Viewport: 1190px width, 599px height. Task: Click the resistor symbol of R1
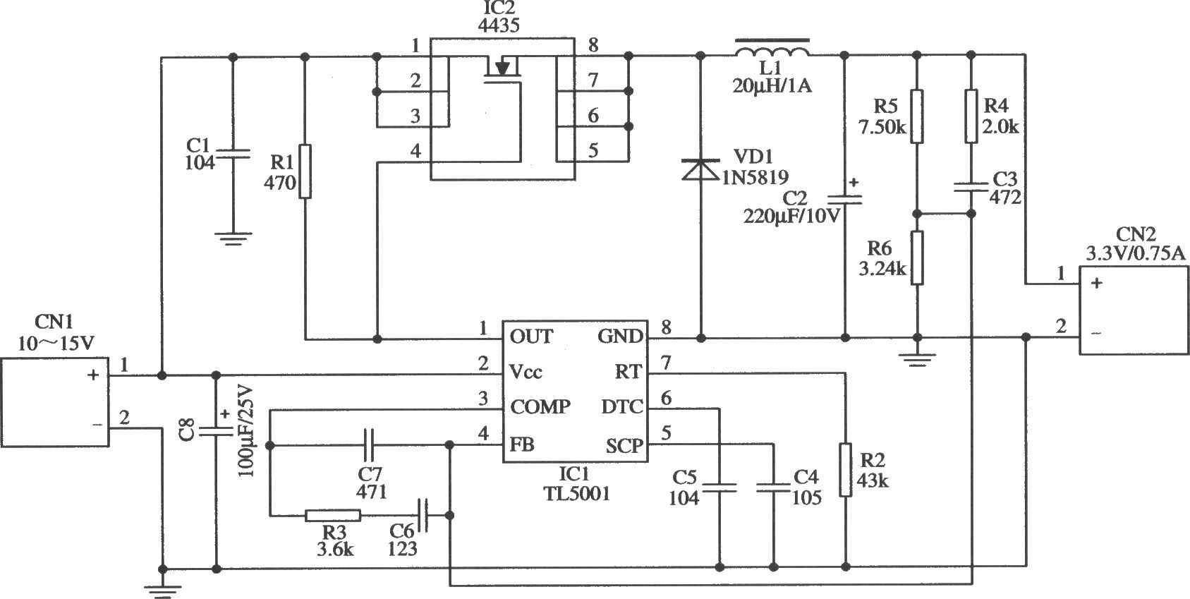(x=305, y=171)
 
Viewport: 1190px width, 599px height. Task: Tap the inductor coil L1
(x=772, y=51)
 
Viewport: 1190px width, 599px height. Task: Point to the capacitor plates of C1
(x=233, y=154)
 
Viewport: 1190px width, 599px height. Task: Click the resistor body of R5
(x=916, y=116)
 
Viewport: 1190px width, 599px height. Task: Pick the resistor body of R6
(x=916, y=258)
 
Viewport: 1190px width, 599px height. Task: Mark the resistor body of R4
(x=971, y=116)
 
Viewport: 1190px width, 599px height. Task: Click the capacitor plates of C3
(x=971, y=187)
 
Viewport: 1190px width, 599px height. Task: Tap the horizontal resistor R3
(x=333, y=515)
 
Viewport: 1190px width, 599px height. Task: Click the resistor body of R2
(x=845, y=470)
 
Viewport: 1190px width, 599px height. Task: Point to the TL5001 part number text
(x=576, y=494)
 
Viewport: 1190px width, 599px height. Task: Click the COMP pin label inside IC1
(x=540, y=407)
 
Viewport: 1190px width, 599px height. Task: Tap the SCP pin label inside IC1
(x=624, y=446)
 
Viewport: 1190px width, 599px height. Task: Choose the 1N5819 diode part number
(x=754, y=177)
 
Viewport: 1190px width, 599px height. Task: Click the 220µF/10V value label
(x=791, y=217)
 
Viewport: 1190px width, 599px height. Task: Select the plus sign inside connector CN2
(x=1096, y=284)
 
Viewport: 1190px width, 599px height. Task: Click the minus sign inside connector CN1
(x=97, y=425)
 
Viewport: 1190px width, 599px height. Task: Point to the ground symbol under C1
(x=233, y=238)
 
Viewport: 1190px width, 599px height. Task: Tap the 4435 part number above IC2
(x=499, y=25)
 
